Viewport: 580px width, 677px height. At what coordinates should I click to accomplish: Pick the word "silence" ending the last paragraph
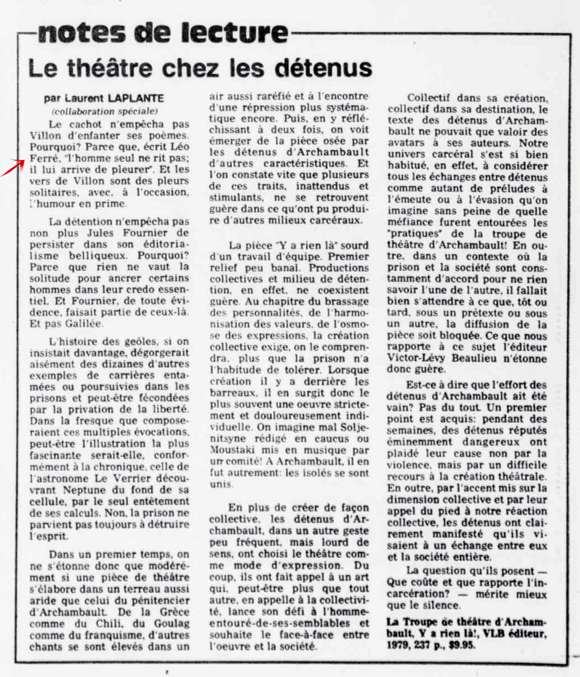[x=439, y=606]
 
